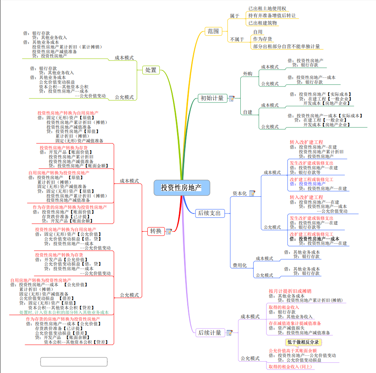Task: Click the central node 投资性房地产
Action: coord(181,188)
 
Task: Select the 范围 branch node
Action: coord(213,31)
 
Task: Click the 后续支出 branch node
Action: coord(209,213)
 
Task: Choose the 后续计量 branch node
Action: coord(209,333)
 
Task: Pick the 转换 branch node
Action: coord(156,231)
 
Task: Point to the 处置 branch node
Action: coord(151,70)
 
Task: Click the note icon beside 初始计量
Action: coord(231,99)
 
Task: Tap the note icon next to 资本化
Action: coord(252,193)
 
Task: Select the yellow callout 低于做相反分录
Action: coord(303,343)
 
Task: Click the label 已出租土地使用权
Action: coord(267,8)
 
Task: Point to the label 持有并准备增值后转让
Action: coord(272,16)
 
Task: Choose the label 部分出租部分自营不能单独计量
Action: coord(286,47)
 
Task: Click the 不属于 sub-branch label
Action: coord(237,39)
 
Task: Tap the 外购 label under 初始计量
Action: coord(248,74)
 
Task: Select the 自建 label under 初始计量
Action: coord(248,112)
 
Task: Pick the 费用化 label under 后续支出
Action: coord(240,265)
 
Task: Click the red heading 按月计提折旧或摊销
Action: coord(290,291)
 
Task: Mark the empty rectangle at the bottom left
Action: coord(74,361)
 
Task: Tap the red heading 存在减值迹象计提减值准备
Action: coord(295,323)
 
